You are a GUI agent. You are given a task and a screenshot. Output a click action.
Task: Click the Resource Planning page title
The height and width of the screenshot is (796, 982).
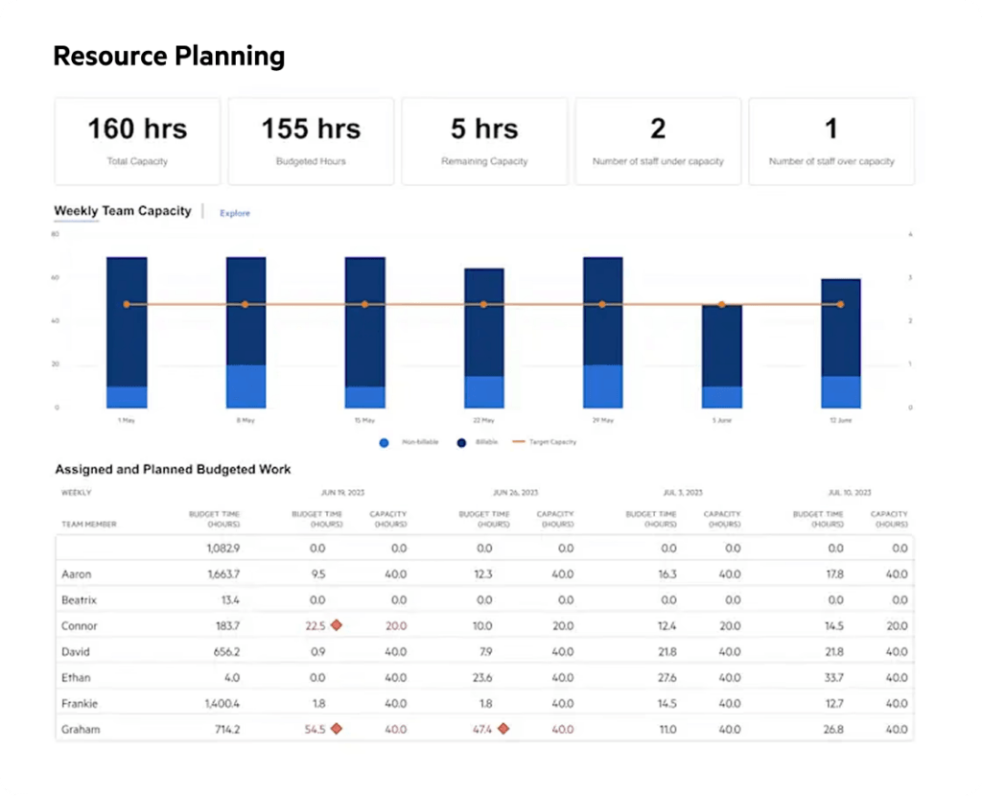169,57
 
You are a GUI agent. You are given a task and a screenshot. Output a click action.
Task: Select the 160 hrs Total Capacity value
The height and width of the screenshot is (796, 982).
137,129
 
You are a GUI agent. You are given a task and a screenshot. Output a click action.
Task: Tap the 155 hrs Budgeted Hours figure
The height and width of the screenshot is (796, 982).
311,129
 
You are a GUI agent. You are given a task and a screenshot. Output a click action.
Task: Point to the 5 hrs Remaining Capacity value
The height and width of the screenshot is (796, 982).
484,129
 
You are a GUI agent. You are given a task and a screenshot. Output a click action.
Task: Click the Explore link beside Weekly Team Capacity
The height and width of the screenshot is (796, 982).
235,213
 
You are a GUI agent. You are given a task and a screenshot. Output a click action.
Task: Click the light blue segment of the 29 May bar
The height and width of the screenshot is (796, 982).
602,386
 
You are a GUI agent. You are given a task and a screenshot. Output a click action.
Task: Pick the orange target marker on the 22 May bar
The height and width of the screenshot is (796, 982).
483,305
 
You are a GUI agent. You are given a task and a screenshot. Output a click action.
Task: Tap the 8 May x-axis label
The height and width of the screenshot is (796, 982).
246,420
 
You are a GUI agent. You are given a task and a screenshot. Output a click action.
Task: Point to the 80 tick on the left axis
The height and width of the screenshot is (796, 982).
56,234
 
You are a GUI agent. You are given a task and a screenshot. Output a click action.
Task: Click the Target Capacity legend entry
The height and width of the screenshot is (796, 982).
544,442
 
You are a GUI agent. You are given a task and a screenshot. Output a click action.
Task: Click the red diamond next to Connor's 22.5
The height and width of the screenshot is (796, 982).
337,625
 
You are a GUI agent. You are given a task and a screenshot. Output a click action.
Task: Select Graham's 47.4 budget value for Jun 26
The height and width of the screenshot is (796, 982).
482,729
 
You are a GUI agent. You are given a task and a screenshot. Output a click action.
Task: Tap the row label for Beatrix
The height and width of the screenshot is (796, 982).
79,599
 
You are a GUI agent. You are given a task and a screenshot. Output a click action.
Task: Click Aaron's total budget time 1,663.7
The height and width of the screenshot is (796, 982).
222,574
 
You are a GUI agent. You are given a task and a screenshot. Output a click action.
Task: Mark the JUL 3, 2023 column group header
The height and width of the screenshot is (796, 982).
684,492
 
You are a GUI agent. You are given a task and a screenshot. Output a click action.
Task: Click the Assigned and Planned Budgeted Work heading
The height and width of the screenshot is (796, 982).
173,470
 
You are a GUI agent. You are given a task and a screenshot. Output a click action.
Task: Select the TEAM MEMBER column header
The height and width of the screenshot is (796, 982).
88,525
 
